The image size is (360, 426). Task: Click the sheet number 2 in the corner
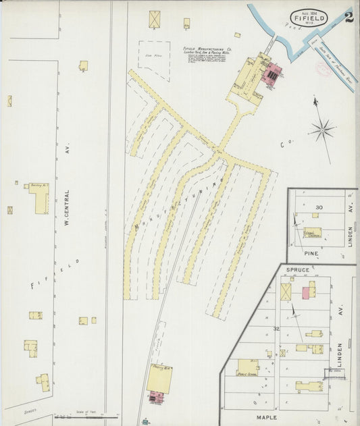(347, 17)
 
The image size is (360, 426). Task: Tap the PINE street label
(311, 253)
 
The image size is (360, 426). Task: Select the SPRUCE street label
(297, 270)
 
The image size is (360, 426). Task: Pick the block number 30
(318, 207)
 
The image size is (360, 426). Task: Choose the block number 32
(276, 329)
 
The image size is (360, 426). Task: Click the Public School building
(247, 367)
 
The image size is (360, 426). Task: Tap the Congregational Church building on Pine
(313, 234)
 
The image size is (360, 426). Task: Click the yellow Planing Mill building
(159, 378)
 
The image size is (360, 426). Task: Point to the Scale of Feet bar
(84, 415)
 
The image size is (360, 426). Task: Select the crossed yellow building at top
(155, 19)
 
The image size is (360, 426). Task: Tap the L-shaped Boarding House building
(39, 197)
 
